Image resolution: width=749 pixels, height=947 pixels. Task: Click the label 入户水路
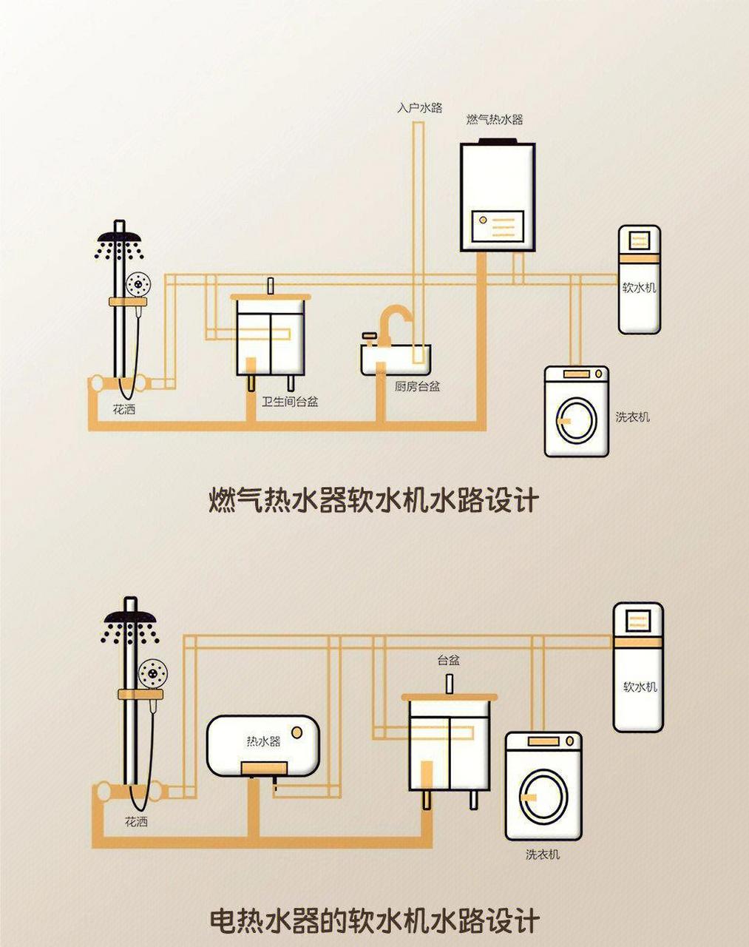click(419, 108)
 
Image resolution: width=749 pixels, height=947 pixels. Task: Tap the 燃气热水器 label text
click(495, 119)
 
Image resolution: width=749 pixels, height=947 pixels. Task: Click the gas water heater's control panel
click(498, 226)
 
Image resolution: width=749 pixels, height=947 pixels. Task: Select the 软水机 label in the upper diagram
click(639, 288)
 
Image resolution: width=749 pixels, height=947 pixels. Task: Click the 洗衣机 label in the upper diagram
click(633, 417)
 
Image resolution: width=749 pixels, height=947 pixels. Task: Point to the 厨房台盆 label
click(418, 386)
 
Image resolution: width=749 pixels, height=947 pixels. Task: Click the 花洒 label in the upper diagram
click(124, 409)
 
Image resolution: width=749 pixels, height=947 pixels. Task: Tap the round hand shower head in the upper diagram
click(138, 284)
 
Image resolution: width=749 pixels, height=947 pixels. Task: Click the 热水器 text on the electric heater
click(263, 741)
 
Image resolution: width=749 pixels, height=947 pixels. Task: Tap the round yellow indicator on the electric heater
click(296, 732)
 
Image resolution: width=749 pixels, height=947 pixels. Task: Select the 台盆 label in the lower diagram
click(448, 660)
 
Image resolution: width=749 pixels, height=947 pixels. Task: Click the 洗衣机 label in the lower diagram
click(543, 855)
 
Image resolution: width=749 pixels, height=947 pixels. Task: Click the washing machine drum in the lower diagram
click(542, 795)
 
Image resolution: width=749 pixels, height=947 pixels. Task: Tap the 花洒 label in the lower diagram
click(136, 822)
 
